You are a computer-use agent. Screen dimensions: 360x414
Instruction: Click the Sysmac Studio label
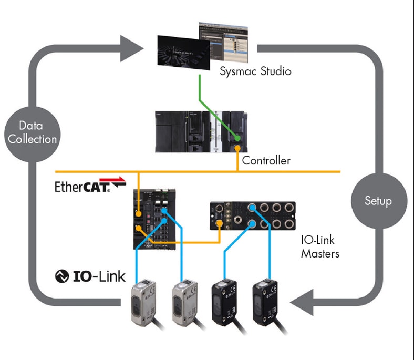[255, 71]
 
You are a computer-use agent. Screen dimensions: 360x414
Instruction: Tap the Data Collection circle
[32, 132]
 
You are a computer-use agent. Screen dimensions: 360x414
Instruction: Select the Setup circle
[378, 200]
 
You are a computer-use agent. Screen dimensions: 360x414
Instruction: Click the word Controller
[266, 160]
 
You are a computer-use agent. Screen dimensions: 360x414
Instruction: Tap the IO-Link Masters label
[319, 247]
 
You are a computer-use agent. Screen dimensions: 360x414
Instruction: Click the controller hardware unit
[202, 131]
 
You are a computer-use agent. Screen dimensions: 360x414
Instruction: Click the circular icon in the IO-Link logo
[63, 276]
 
